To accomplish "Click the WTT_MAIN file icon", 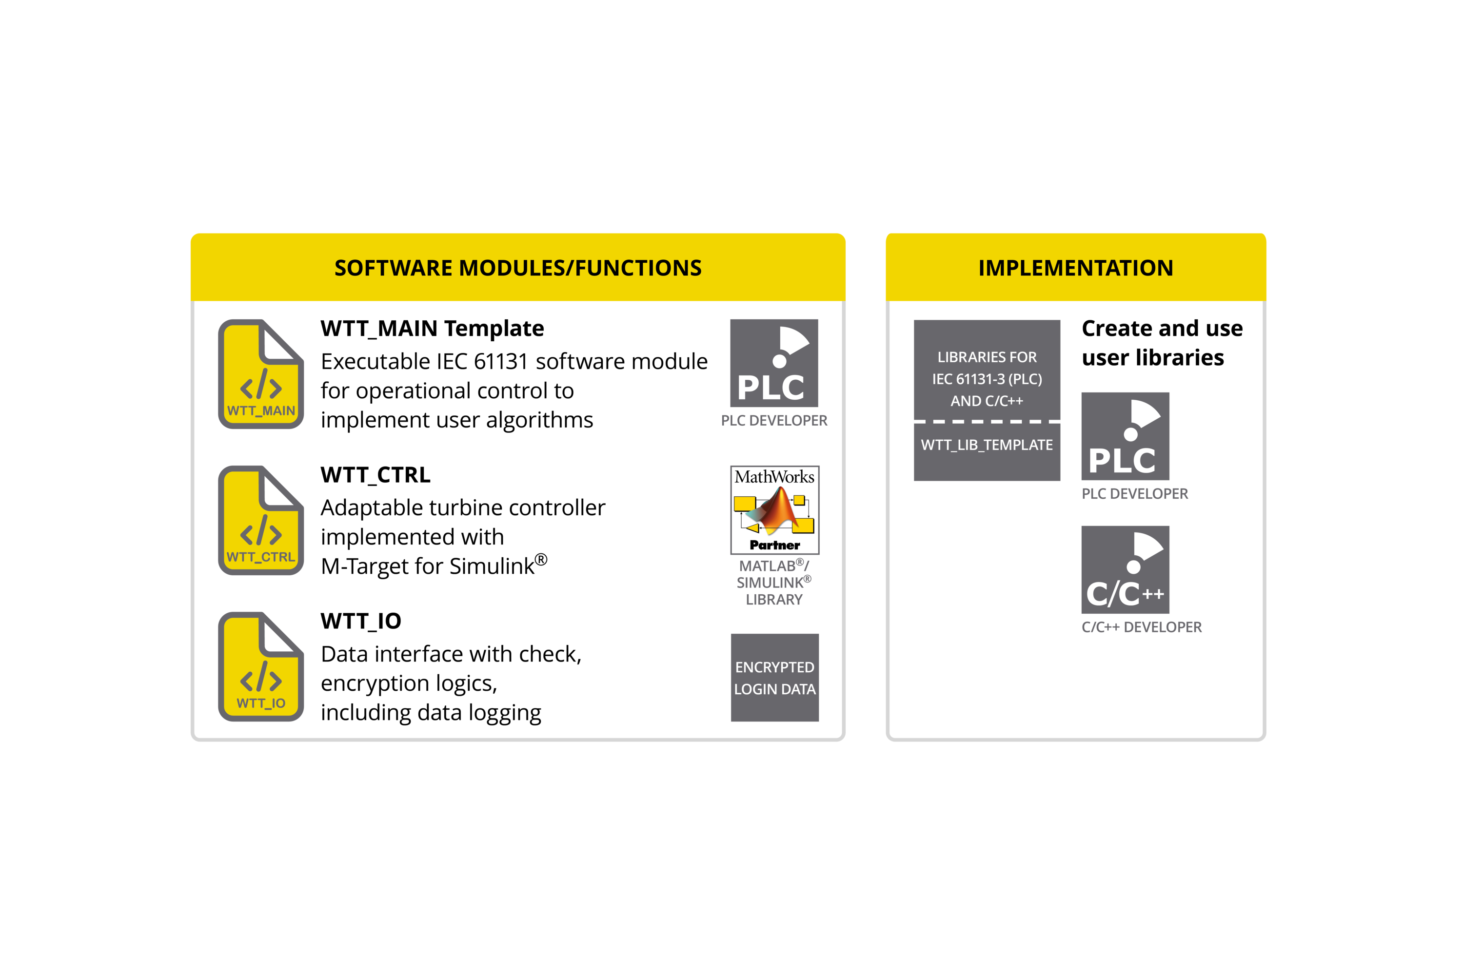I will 260,374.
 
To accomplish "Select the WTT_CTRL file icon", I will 260,521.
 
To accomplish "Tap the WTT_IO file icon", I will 260,666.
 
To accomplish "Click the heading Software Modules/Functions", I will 517,268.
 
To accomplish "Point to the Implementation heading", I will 1075,268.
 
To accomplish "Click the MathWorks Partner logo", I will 774,510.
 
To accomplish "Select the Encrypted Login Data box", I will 774,678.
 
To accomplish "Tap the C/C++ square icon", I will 1125,569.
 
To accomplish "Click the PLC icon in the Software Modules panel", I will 774,363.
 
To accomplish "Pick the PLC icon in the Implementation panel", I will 1125,436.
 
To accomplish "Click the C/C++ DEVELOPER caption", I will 1142,627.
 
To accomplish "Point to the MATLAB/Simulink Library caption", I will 774,583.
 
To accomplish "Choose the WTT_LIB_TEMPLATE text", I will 987,445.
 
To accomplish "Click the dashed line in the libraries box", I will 987,422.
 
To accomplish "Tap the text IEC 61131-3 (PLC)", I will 987,379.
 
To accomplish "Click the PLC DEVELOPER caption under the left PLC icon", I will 774,421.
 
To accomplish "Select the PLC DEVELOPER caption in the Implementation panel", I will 1135,494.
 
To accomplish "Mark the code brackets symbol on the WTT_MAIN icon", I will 260,384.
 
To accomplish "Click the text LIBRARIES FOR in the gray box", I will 987,357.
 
